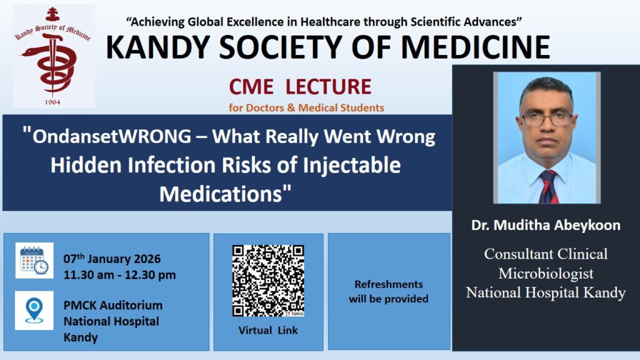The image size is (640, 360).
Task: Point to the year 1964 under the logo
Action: tap(52, 102)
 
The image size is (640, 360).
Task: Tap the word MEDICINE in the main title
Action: tap(476, 47)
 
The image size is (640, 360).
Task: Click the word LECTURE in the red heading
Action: tap(328, 86)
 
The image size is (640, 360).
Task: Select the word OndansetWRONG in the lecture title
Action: tap(112, 136)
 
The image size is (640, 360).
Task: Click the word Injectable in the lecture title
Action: tap(351, 165)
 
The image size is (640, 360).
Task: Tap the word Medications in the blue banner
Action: tap(221, 194)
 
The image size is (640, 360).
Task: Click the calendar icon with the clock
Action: tap(34, 261)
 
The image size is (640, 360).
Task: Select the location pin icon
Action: tap(34, 311)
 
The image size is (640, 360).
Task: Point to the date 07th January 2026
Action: tap(112, 259)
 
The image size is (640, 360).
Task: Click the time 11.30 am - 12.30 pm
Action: tap(119, 275)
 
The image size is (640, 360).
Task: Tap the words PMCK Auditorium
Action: tap(113, 305)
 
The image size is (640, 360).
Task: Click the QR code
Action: tap(268, 281)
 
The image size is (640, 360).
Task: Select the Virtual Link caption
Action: tap(268, 330)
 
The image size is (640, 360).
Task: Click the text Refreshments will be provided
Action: tap(389, 291)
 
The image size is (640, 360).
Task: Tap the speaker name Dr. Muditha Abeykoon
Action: tap(546, 225)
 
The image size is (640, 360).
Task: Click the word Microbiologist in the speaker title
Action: tap(546, 274)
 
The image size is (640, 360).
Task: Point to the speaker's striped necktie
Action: tap(548, 186)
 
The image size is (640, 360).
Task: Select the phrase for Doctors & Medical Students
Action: tap(306, 107)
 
